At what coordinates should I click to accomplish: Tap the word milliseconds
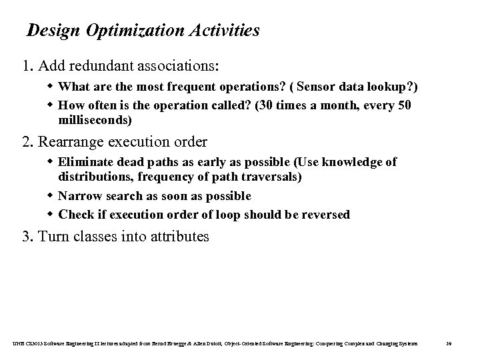click(95, 121)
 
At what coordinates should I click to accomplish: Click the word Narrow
click(77, 196)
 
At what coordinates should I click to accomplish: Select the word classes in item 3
click(93, 236)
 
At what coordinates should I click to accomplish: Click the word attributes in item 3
click(181, 236)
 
